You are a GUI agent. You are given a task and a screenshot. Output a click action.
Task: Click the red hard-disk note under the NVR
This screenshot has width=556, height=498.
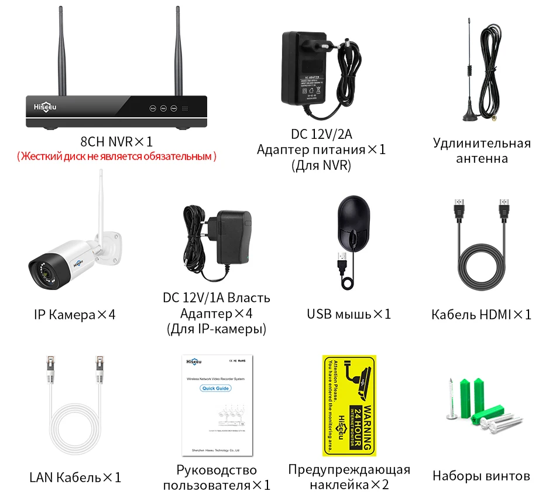point(117,156)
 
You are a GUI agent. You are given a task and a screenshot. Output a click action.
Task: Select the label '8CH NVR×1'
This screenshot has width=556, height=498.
point(117,141)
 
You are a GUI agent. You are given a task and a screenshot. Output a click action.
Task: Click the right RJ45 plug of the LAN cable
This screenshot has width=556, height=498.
point(99,366)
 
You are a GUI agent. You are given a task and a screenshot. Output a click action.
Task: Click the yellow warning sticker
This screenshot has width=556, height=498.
point(349,405)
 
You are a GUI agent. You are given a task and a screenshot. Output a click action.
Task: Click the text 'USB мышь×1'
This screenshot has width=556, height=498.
point(349,314)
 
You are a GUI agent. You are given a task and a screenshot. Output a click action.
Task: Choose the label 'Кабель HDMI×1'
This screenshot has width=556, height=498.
point(481,315)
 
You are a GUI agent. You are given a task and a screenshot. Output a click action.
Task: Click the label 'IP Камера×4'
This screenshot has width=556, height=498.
point(75,315)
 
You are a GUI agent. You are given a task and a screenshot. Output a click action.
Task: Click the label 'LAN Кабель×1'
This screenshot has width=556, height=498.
point(75,477)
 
